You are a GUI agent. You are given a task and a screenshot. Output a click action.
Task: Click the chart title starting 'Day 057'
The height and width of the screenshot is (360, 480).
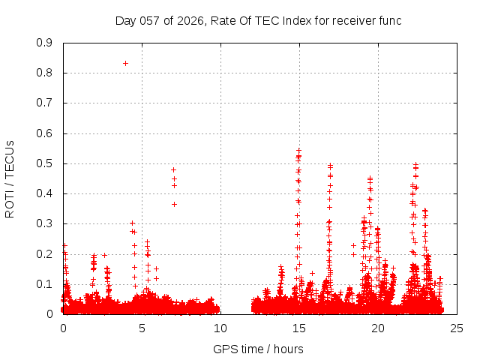[x=258, y=20]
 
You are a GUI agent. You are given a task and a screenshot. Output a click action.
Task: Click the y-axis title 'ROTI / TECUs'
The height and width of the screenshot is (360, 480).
[x=10, y=178]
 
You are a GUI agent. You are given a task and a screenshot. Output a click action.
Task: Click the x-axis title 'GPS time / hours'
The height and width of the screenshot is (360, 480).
[x=258, y=349]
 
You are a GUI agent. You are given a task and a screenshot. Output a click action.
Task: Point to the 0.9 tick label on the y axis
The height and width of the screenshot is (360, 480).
[x=44, y=43]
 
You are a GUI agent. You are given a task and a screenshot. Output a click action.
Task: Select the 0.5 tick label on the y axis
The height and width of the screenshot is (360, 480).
[x=44, y=163]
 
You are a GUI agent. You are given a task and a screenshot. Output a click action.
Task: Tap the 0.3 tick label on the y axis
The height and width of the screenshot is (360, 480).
[x=44, y=223]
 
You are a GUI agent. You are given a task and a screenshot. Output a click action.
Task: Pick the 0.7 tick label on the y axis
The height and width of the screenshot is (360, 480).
[x=44, y=103]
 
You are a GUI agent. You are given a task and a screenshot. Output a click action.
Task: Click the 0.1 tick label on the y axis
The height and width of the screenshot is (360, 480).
[x=44, y=284]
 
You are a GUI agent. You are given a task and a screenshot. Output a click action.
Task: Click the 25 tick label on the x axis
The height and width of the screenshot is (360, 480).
[x=457, y=328]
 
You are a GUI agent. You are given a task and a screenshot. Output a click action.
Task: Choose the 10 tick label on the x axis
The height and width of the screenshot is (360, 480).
[x=220, y=328]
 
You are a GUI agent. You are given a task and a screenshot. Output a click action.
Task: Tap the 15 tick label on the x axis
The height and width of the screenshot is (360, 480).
[x=299, y=328]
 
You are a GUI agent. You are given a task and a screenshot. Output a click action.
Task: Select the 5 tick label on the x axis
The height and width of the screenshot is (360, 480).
[x=142, y=328]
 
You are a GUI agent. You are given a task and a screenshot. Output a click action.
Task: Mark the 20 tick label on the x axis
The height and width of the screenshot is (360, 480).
[x=378, y=328]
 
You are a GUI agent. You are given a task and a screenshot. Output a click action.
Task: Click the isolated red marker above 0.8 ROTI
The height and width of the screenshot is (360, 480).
[x=125, y=63]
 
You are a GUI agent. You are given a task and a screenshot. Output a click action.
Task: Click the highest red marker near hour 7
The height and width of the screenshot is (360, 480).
[x=173, y=169]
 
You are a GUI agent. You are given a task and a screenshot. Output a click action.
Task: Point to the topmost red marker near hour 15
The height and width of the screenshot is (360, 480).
[x=298, y=150]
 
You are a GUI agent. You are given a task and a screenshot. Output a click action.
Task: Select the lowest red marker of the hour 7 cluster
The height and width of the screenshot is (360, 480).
[x=174, y=204]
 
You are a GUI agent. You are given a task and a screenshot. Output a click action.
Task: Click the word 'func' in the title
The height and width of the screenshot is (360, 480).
[x=388, y=20]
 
